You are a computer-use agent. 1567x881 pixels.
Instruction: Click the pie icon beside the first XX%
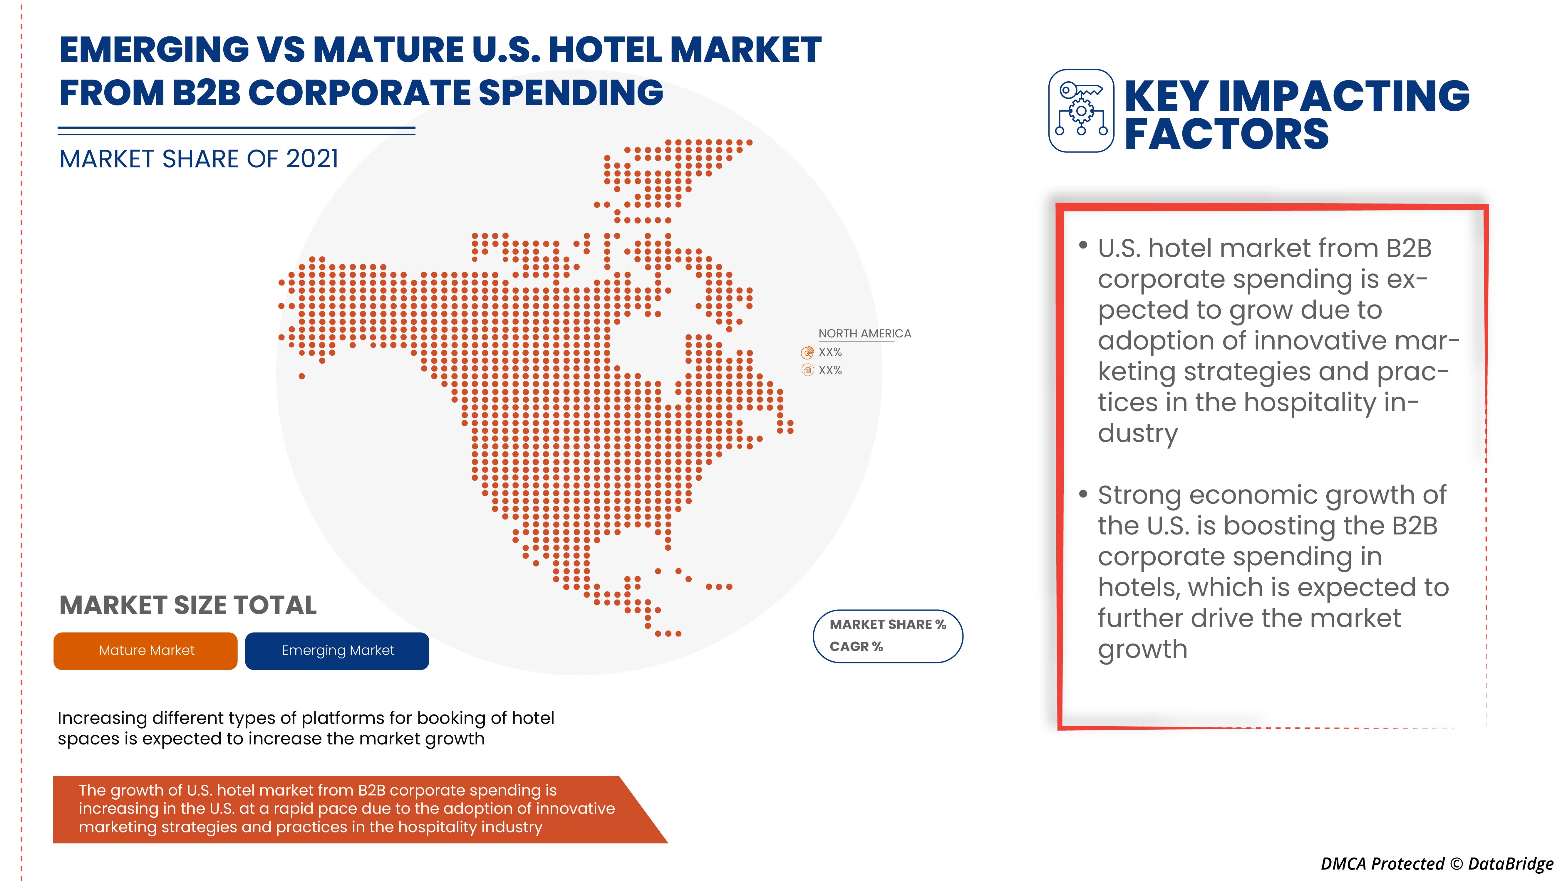pyautogui.click(x=807, y=352)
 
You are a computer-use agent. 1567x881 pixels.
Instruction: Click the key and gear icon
pyautogui.click(x=1081, y=111)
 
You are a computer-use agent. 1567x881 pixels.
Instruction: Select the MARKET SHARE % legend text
pyautogui.click(x=888, y=624)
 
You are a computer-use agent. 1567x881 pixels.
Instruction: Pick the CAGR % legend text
pyautogui.click(x=856, y=646)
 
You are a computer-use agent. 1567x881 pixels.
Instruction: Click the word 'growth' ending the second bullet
pyautogui.click(x=1142, y=649)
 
